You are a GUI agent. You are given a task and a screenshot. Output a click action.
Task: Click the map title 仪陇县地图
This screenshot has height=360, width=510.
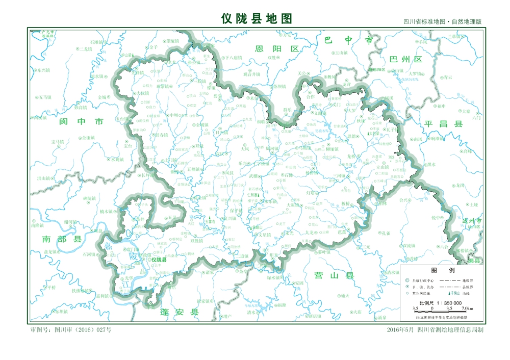[x=257, y=19]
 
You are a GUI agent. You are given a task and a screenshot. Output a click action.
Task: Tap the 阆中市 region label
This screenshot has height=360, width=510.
[x=81, y=121]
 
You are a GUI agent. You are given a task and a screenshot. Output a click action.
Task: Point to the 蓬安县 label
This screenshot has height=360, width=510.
[x=179, y=312]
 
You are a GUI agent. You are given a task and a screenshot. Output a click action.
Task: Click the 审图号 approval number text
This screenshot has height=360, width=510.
[x=71, y=330]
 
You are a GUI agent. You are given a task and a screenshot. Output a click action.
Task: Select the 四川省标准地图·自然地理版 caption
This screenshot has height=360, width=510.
[x=442, y=22]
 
